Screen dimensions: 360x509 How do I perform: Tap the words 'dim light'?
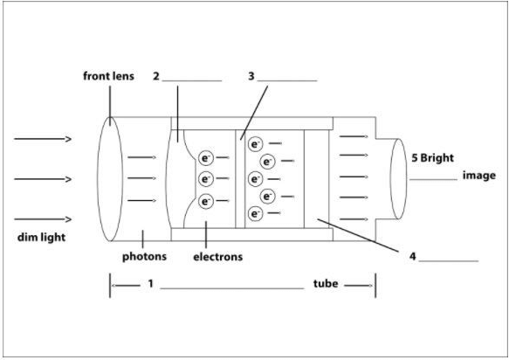pyautogui.click(x=42, y=237)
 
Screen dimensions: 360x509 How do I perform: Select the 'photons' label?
pyautogui.click(x=143, y=257)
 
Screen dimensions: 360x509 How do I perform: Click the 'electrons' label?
pyautogui.click(x=217, y=257)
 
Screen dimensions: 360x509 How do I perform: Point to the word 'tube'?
pyautogui.click(x=326, y=284)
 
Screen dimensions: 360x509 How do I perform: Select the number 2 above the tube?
pyautogui.click(x=155, y=76)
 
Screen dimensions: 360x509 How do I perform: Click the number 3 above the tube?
pyautogui.click(x=251, y=76)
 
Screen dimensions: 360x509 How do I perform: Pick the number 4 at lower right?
pyautogui.click(x=411, y=256)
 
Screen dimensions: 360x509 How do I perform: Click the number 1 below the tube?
pyautogui.click(x=150, y=284)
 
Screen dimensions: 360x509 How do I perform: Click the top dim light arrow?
pyautogui.click(x=43, y=139)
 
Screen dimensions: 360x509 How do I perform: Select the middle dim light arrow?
pyautogui.click(x=43, y=179)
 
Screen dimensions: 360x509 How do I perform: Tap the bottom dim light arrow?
pyautogui.click(x=43, y=219)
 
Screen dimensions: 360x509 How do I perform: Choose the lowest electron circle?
pyautogui.click(x=255, y=213)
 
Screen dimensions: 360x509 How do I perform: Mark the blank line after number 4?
pyautogui.click(x=448, y=260)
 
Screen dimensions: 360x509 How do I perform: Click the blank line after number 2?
pyautogui.click(x=192, y=80)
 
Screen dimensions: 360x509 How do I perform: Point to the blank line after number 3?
pyautogui.click(x=287, y=80)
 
